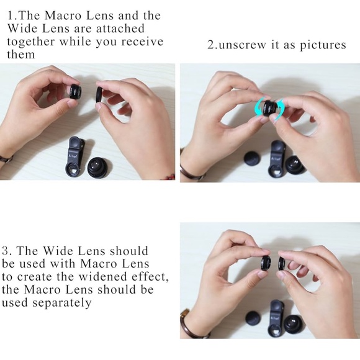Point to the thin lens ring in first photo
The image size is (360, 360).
coord(99,97)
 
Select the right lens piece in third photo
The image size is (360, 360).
coord(282,263)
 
